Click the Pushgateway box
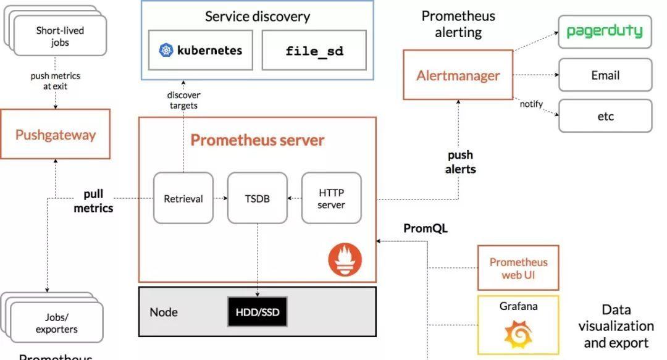click(56, 134)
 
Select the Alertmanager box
click(458, 75)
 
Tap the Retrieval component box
click(183, 198)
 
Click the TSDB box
click(258, 198)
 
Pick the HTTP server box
click(332, 198)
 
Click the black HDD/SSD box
click(258, 312)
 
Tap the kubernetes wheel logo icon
click(166, 50)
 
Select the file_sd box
click(314, 50)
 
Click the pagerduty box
click(605, 32)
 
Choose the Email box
click(605, 75)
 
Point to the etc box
click(605, 115)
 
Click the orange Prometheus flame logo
click(345, 259)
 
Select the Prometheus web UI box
click(518, 267)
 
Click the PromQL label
click(426, 228)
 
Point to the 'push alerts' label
click(460, 162)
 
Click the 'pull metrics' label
click(93, 201)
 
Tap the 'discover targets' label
click(183, 101)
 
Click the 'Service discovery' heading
click(258, 17)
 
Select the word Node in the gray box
click(163, 312)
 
